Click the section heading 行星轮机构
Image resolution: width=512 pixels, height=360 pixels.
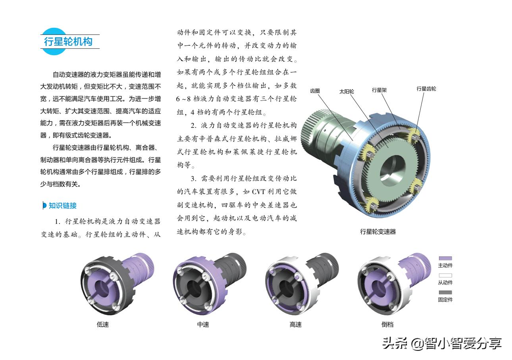point(68,41)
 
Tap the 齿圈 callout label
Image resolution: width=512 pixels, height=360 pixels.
point(315,90)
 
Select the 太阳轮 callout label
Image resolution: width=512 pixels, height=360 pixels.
point(346,91)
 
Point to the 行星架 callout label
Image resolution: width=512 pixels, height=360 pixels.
point(379,90)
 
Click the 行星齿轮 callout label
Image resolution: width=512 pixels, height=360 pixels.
point(426,89)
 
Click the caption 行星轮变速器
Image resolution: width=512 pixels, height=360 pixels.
point(378,232)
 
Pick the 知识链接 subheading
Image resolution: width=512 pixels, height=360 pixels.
point(62,206)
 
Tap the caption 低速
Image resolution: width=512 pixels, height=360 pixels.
point(103,325)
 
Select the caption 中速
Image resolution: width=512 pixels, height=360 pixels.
point(203,325)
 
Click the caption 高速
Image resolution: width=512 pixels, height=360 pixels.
point(295,325)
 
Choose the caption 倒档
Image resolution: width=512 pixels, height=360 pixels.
point(387,325)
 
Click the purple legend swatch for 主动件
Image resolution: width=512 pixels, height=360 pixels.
point(445,258)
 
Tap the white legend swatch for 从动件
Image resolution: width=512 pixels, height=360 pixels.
point(445,275)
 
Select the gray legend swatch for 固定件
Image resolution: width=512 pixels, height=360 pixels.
point(445,293)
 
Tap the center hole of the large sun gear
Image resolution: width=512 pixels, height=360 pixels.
point(392,170)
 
